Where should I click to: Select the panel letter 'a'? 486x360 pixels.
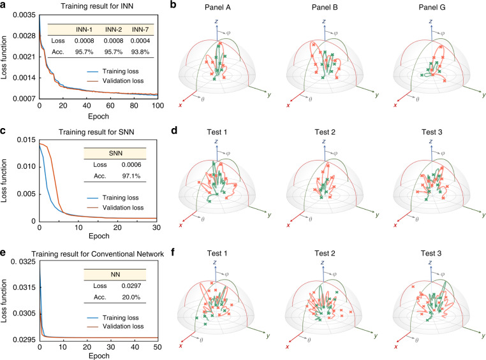(4, 6)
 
